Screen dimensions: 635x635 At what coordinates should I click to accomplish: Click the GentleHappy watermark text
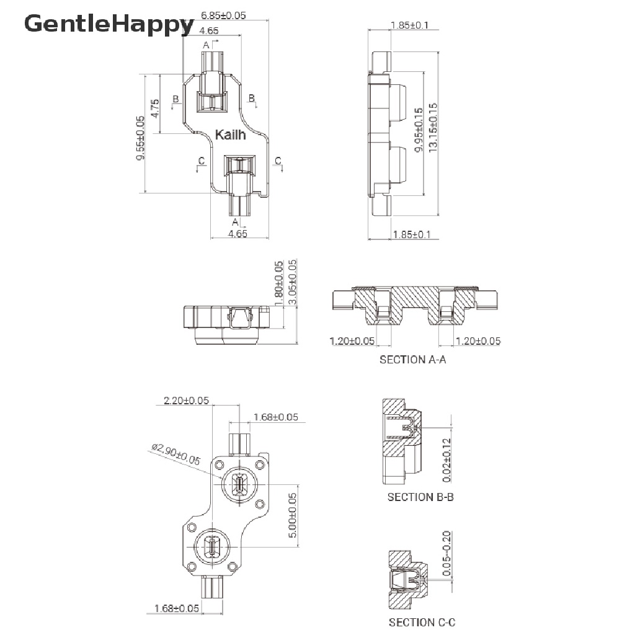pyautogui.click(x=109, y=24)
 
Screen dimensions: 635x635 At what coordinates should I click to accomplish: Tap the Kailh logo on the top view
pyautogui.click(x=230, y=135)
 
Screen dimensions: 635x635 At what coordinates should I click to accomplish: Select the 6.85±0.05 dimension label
pyautogui.click(x=223, y=16)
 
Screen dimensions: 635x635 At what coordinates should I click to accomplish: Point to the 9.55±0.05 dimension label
pyautogui.click(x=140, y=138)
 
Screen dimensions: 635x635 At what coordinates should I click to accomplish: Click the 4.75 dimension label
pyautogui.click(x=154, y=109)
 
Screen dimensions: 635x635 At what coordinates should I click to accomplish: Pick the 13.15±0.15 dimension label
pyautogui.click(x=433, y=128)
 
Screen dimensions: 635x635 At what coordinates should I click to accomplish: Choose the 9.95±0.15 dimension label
pyautogui.click(x=419, y=130)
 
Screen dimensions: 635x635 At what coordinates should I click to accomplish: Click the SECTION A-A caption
pyautogui.click(x=412, y=360)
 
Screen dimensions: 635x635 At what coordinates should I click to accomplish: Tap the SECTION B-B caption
pyautogui.click(x=420, y=497)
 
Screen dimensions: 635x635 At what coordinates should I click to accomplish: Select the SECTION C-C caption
pyautogui.click(x=422, y=622)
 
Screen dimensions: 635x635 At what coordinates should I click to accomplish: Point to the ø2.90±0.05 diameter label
pyautogui.click(x=176, y=455)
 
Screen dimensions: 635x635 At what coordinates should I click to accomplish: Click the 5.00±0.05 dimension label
pyautogui.click(x=293, y=515)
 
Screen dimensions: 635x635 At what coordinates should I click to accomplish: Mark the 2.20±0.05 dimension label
pyautogui.click(x=186, y=401)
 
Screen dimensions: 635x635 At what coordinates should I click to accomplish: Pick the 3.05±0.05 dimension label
pyautogui.click(x=293, y=282)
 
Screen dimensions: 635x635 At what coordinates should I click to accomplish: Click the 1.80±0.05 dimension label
pyautogui.click(x=278, y=284)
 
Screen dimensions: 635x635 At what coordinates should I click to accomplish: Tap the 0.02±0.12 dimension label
pyautogui.click(x=446, y=460)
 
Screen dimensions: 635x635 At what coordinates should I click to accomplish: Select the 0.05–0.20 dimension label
pyautogui.click(x=446, y=553)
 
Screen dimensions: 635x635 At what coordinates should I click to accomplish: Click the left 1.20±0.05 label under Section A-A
pyautogui.click(x=352, y=341)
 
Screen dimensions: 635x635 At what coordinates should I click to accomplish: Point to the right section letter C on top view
pyautogui.click(x=278, y=161)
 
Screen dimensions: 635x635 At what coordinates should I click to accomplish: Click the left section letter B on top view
pyautogui.click(x=175, y=99)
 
